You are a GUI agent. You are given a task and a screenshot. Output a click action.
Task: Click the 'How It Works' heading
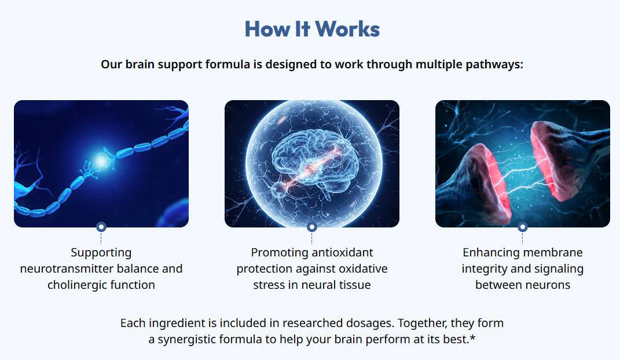point(312,28)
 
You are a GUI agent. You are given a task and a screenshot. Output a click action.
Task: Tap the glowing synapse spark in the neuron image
point(102,161)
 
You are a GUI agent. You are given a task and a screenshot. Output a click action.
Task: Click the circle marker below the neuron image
point(101,227)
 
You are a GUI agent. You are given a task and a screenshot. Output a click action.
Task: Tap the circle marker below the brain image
point(311,227)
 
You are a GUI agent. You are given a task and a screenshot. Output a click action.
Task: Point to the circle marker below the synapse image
point(522,227)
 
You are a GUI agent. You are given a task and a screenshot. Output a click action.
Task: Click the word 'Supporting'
point(101,253)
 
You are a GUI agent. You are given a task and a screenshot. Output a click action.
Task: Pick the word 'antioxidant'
point(343,253)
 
